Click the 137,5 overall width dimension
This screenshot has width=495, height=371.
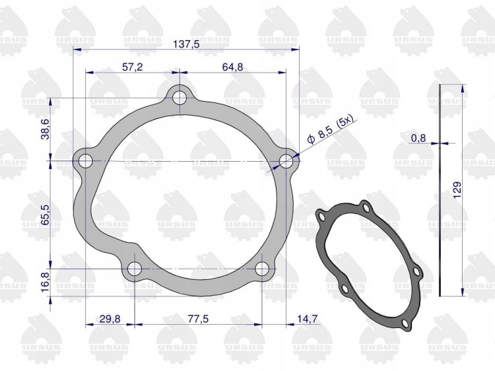coord(186,44)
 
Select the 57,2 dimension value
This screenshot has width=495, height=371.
coord(132,67)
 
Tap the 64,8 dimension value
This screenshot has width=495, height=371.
coord(233,67)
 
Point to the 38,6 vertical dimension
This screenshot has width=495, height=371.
coord(46,129)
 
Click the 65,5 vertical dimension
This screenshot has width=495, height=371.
coord(46,215)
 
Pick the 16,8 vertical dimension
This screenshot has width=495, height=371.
coord(46,283)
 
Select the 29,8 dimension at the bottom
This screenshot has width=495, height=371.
coord(110,319)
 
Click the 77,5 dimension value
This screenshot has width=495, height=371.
coord(198,319)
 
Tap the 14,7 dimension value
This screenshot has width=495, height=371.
coord(307,319)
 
